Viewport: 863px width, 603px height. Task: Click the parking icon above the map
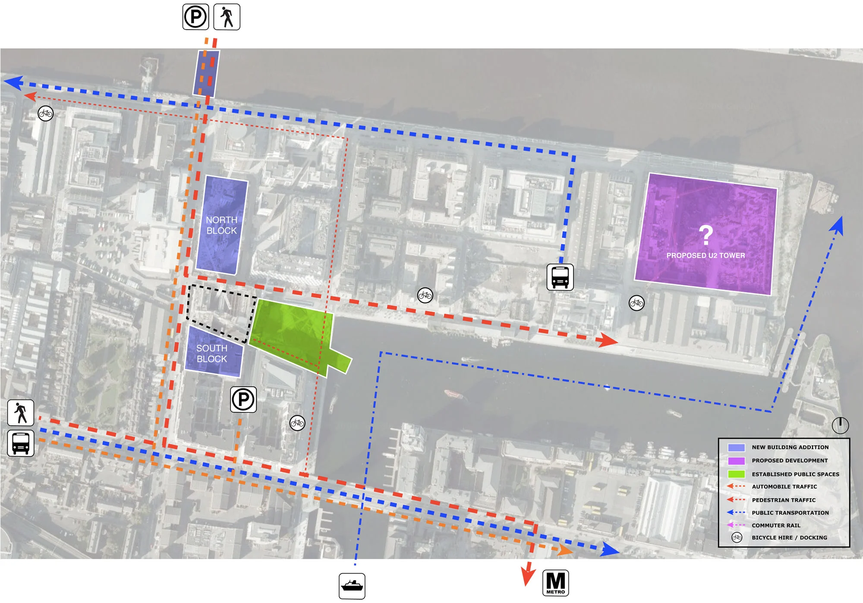pos(195,17)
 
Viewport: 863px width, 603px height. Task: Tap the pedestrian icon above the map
pos(227,17)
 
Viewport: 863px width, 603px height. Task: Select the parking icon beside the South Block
pos(243,400)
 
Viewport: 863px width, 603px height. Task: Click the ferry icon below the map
pos(352,586)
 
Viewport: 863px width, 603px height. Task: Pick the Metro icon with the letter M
pos(555,583)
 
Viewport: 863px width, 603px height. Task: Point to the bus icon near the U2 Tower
pos(560,277)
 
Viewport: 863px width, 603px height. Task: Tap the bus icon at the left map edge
pos(21,443)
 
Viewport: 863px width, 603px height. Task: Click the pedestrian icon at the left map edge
pos(21,412)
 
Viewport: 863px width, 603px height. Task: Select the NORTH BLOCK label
pos(221,225)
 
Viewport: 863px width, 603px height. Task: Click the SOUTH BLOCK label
pos(211,353)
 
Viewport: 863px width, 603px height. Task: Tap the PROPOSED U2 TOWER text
pos(706,256)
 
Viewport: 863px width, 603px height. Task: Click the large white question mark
pos(706,235)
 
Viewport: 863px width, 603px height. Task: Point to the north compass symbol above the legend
pos(840,425)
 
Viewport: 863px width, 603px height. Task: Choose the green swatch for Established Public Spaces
pos(736,474)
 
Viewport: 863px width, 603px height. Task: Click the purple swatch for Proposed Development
pos(736,461)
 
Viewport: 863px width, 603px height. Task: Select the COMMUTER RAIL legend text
pos(776,525)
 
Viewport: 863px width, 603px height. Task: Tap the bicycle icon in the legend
pos(737,537)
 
